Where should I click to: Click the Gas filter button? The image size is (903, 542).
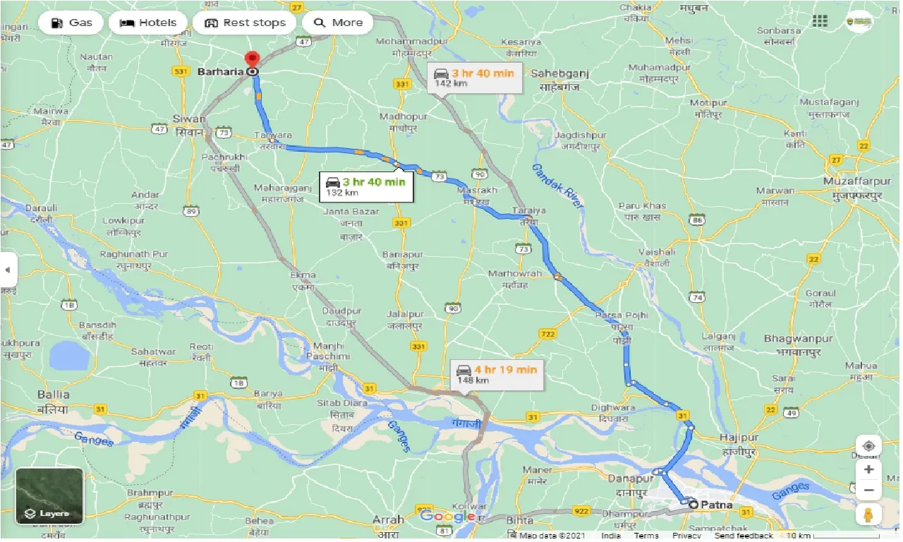[x=71, y=23]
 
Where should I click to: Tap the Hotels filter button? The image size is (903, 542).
[x=148, y=23]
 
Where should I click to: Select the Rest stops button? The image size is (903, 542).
[x=245, y=23]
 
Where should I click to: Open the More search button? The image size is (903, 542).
[x=338, y=23]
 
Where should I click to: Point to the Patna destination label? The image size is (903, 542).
[x=716, y=505]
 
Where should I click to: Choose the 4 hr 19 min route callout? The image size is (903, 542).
[x=497, y=374]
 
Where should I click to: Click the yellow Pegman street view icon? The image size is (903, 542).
[x=868, y=514]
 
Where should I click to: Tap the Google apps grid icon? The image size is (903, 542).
[x=820, y=21]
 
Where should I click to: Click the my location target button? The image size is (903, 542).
[x=868, y=447]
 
